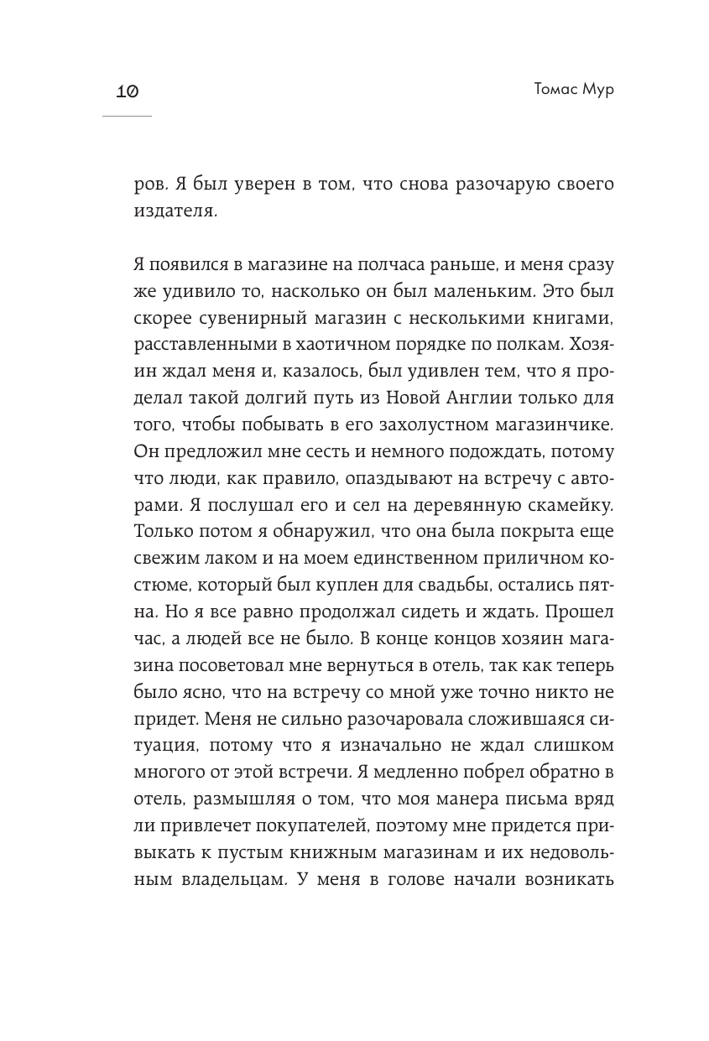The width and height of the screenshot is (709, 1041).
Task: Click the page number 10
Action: tap(126, 91)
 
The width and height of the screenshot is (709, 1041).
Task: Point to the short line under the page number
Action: tap(126, 116)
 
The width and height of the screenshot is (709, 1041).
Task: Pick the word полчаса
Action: tap(383, 266)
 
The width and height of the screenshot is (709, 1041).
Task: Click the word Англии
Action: tap(484, 399)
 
